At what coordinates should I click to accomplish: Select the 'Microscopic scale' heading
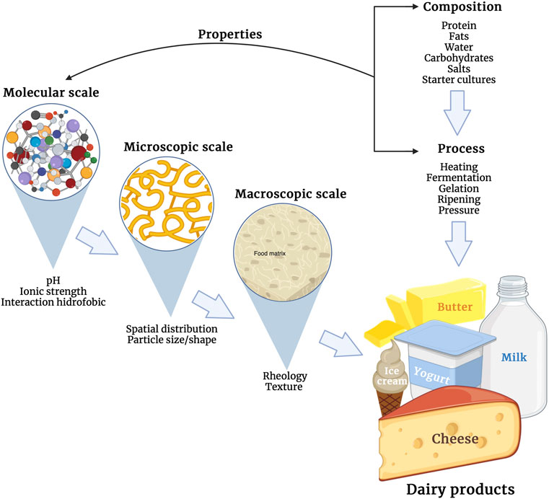pyautogui.click(x=178, y=146)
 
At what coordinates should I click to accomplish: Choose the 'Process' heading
pyautogui.click(x=460, y=149)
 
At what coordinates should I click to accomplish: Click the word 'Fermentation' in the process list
pyautogui.click(x=459, y=177)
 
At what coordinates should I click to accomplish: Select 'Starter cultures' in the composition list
pyautogui.click(x=459, y=79)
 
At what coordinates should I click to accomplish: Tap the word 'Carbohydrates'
pyautogui.click(x=459, y=58)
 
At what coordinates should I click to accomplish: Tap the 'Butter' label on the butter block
pyautogui.click(x=454, y=308)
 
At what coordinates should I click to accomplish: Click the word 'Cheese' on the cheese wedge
pyautogui.click(x=457, y=438)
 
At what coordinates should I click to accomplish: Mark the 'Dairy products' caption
pyautogui.click(x=460, y=488)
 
